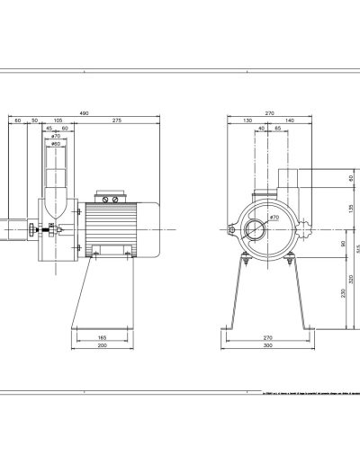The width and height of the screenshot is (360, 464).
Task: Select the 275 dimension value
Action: tap(118, 120)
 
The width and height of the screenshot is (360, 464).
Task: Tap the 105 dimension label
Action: tap(58, 120)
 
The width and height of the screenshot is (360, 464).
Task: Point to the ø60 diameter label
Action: tap(55, 144)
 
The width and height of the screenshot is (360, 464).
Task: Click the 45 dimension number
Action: tap(49, 129)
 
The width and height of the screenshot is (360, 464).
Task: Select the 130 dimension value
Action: tap(247, 120)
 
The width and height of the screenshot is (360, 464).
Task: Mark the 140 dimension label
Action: tap(290, 120)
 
